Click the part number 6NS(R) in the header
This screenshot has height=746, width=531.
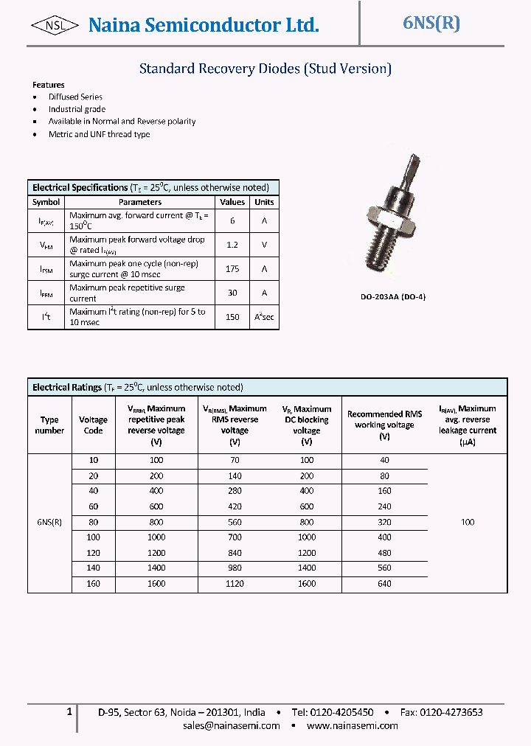click(431, 23)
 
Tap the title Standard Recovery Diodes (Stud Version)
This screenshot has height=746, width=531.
click(265, 69)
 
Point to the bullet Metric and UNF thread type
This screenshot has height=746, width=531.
click(99, 134)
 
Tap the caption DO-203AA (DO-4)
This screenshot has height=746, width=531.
click(393, 296)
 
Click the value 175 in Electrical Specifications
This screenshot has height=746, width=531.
click(232, 269)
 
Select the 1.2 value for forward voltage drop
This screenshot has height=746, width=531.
click(232, 245)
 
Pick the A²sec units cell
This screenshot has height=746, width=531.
click(264, 317)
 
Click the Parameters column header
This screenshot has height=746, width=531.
click(140, 202)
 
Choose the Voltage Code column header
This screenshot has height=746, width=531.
click(93, 425)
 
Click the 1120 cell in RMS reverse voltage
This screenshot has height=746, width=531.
click(235, 584)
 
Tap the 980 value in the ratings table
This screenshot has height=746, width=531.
click(235, 568)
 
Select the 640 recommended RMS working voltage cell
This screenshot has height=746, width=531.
click(384, 584)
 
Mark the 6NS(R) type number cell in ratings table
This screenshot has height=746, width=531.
click(49, 522)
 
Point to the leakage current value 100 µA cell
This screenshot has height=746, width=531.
click(468, 522)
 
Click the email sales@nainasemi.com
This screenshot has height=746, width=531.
click(232, 725)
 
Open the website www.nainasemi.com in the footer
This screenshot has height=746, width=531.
click(352, 725)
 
